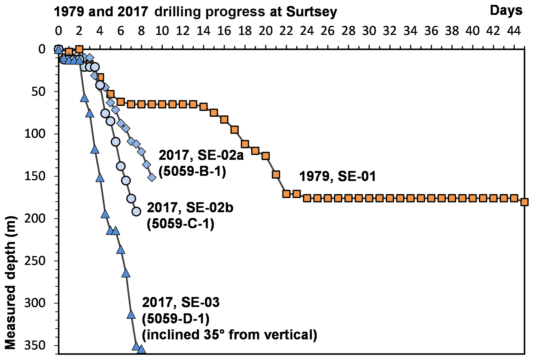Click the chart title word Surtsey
[x=311, y=12]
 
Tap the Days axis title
[x=506, y=11]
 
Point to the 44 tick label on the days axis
[x=514, y=31]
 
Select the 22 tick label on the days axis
[x=286, y=31]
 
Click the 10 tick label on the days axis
[x=162, y=31]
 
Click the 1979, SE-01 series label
[x=337, y=176]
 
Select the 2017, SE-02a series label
[x=201, y=155]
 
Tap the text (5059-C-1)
[x=180, y=224]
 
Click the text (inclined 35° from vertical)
[x=229, y=335]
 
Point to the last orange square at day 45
[x=524, y=202]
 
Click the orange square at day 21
[x=276, y=174]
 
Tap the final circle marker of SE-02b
[x=136, y=211]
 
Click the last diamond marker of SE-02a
[x=152, y=178]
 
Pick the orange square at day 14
[x=203, y=107]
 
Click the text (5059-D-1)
[x=176, y=319]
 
